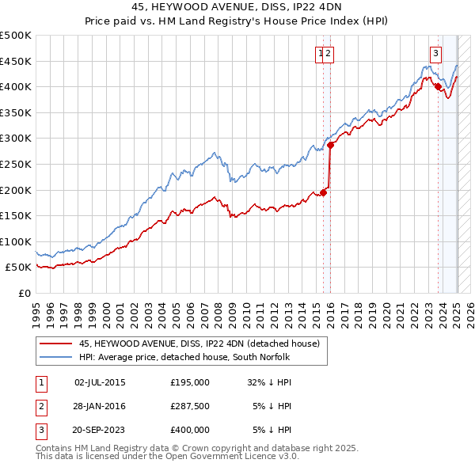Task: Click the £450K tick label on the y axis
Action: coord(16,61)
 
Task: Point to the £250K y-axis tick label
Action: coord(16,164)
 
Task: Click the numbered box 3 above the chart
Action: coord(435,54)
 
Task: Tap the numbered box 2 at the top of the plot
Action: coord(329,54)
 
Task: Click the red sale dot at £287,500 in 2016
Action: coord(331,145)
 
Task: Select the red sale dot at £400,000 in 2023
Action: coord(438,87)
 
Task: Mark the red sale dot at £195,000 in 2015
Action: coord(323,192)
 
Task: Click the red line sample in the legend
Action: coord(55,344)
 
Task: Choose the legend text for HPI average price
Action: coord(184,357)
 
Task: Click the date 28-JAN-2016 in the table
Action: coord(99,405)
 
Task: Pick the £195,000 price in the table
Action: coord(190,382)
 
